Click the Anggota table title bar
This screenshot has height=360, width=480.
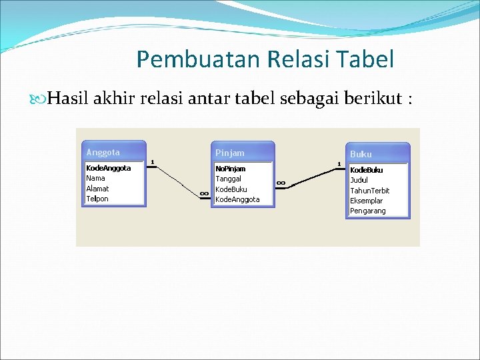click(113, 152)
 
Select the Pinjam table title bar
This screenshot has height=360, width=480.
click(242, 153)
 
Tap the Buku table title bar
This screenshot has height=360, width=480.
click(377, 154)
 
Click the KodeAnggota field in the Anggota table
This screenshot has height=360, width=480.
click(109, 169)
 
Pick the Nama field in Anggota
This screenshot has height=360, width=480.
click(96, 179)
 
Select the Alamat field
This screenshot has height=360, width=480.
click(97, 189)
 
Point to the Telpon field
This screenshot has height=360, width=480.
click(97, 199)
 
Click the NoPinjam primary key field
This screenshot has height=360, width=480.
click(231, 169)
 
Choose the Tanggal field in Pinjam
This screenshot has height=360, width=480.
click(229, 179)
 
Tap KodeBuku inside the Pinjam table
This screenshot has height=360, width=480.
click(231, 189)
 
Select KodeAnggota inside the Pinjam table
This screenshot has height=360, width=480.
click(237, 199)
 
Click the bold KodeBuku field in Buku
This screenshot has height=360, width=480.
click(367, 170)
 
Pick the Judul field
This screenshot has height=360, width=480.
click(359, 180)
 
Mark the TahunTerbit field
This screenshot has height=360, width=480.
click(370, 191)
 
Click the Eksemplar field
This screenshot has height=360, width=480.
click(367, 201)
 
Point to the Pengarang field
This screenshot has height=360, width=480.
click(368, 211)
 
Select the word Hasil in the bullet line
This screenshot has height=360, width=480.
click(65, 99)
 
